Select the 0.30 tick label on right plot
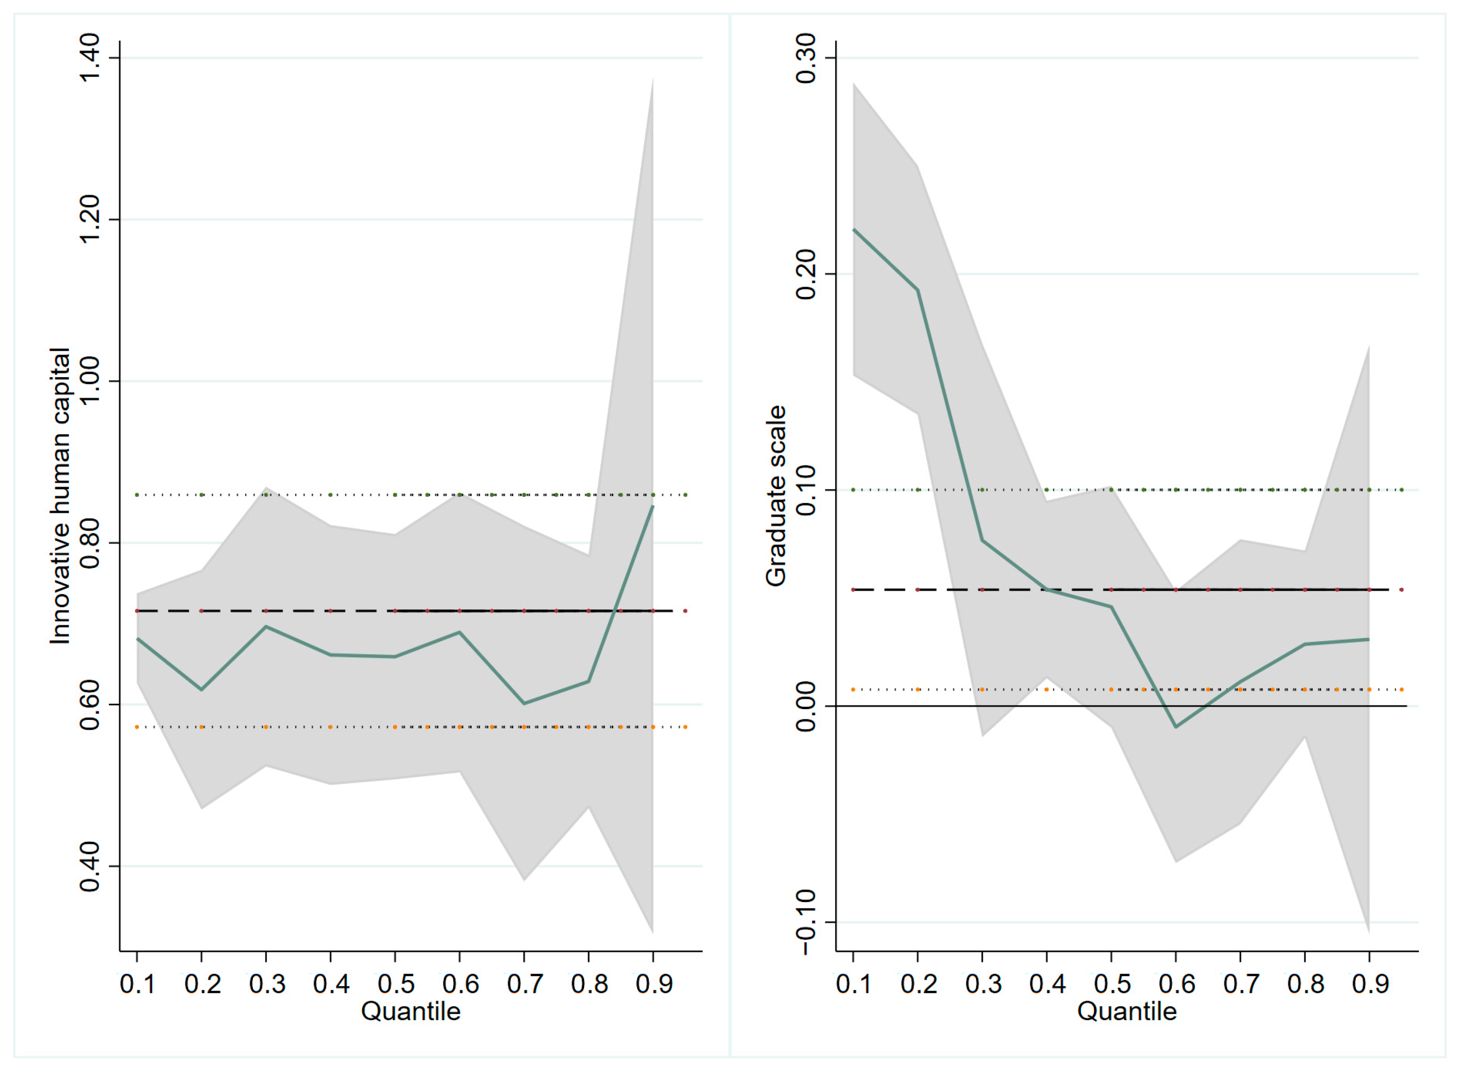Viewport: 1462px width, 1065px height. pos(806,58)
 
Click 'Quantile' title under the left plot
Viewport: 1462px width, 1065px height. pos(411,1011)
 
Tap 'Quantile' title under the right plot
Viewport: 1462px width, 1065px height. pos(1127,1011)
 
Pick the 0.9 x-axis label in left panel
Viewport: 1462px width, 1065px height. pos(654,984)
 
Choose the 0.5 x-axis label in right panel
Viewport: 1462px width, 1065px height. pos(1112,984)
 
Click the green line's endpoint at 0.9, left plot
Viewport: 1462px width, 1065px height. pos(653,507)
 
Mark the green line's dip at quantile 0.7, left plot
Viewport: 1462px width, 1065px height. pos(524,703)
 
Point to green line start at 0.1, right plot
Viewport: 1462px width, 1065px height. pos(854,229)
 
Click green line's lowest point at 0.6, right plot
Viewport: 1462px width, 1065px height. pos(1176,727)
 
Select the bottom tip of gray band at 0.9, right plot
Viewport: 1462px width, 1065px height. pos(1368,932)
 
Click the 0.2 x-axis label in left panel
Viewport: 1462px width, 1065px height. pos(202,984)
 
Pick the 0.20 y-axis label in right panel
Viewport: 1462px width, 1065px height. pos(806,274)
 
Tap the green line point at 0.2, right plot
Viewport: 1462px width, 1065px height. pos(918,290)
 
